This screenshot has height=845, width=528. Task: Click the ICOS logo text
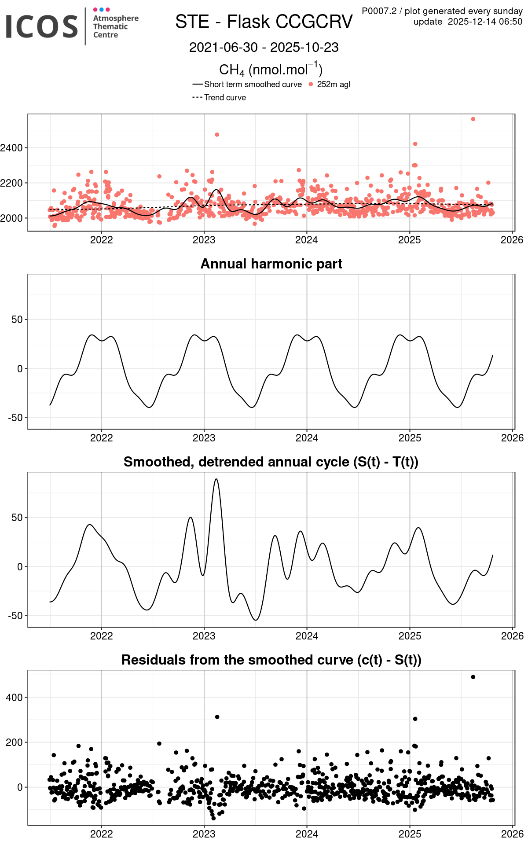pos(42,26)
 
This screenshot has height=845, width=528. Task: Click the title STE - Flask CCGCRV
pos(264,22)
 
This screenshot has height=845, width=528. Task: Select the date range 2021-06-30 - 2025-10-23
pos(264,48)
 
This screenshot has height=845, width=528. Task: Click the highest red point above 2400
pos(473,119)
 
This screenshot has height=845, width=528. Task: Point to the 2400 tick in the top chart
pos(12,148)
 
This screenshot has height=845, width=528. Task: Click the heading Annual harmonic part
pos(271,264)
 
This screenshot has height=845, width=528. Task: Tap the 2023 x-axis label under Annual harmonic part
pos(204,438)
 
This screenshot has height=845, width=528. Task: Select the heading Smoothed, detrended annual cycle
pos(271,462)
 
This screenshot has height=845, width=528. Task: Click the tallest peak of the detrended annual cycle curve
pos(216,479)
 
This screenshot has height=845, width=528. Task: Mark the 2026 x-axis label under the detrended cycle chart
pos(512,636)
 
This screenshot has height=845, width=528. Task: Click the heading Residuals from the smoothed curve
pos(271,660)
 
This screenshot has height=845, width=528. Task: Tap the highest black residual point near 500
pos(473,677)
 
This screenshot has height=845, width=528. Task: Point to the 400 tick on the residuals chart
pos(15,698)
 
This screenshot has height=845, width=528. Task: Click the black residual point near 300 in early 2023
pos(217,717)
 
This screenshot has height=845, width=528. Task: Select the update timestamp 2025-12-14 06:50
pos(485,22)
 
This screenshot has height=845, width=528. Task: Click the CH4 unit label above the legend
pos(271,70)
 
